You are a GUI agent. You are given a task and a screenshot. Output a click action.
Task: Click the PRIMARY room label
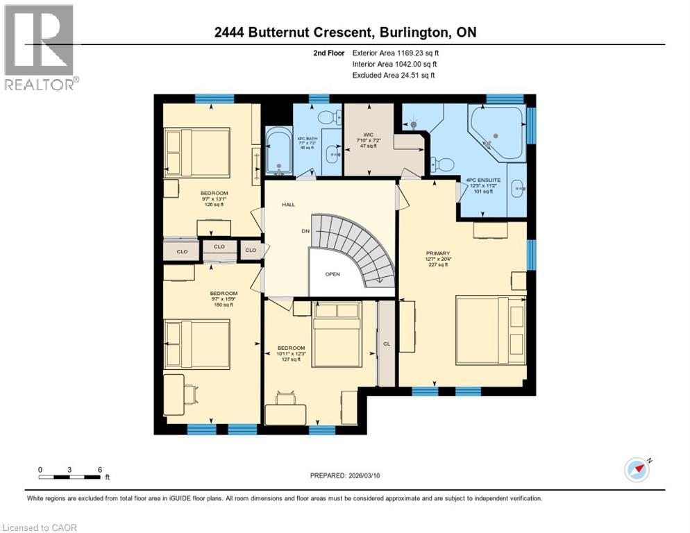[438, 254]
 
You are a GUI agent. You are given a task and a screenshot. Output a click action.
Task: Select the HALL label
[289, 205]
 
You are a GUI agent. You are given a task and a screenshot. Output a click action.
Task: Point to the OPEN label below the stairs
[333, 273]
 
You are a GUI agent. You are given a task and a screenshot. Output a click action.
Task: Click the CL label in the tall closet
[386, 343]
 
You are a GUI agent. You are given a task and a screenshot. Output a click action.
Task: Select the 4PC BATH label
[305, 137]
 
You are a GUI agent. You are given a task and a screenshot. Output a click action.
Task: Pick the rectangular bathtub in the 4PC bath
[278, 151]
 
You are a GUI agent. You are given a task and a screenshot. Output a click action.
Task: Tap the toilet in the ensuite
[442, 164]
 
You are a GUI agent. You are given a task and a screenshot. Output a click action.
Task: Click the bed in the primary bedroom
[491, 330]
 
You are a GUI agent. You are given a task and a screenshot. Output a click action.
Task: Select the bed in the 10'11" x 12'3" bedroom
[337, 335]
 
